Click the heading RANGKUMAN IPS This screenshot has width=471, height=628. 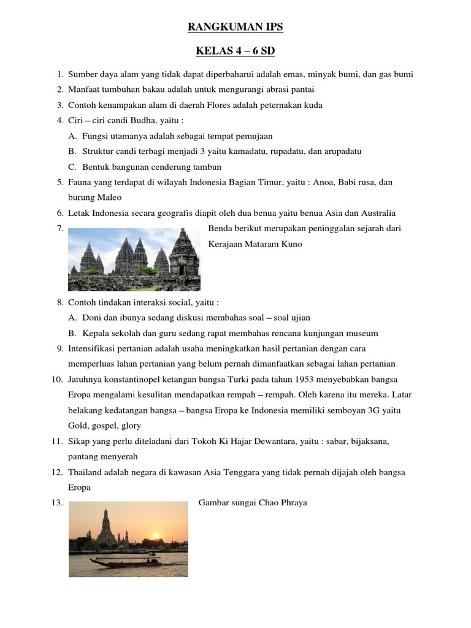click(235, 27)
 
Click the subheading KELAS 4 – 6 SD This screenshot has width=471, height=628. click(235, 51)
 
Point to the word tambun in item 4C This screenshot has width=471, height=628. click(208, 167)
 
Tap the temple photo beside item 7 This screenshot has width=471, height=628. click(134, 259)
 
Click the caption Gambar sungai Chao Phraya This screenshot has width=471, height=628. click(253, 503)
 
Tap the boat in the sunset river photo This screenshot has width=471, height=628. click(123, 561)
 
